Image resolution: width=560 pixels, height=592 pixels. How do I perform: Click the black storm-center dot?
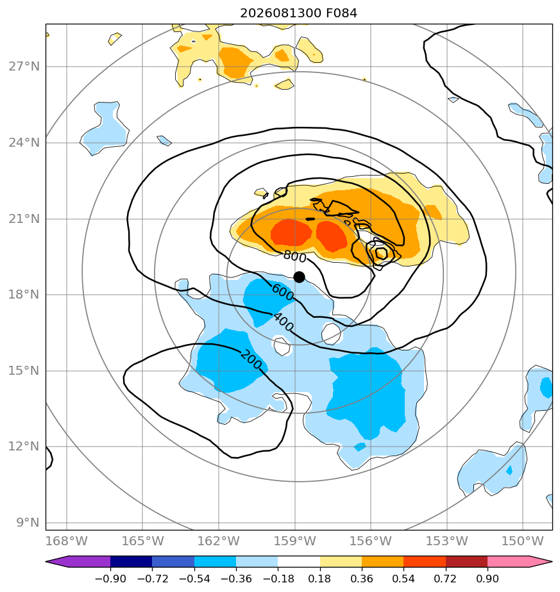point(299,277)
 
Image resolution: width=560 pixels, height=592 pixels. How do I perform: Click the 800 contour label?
point(294,257)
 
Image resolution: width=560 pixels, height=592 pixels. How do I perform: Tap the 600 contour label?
point(282,293)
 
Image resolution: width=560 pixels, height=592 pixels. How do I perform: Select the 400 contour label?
point(283,322)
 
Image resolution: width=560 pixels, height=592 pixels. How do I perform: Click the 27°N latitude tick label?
point(24,67)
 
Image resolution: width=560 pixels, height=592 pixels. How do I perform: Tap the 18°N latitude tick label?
point(24,295)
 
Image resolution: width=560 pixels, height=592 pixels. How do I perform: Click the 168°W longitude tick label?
point(67,541)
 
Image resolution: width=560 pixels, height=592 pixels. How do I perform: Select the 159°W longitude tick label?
point(294,541)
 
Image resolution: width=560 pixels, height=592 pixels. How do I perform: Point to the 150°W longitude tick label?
point(523,541)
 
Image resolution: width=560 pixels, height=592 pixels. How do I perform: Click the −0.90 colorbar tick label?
point(110,579)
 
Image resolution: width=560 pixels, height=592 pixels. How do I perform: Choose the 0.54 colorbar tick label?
point(404,579)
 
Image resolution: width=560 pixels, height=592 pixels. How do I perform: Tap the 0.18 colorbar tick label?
point(320,579)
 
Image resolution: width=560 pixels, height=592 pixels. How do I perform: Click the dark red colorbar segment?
point(466,561)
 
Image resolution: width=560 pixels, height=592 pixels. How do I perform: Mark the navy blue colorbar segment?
point(132,561)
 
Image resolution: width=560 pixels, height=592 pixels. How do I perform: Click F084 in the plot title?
point(342,13)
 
